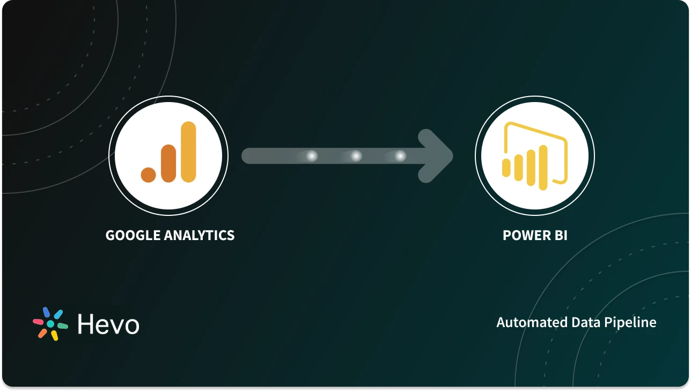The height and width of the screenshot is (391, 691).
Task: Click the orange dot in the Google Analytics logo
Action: [149, 174]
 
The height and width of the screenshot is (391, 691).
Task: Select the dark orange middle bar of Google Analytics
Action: [168, 163]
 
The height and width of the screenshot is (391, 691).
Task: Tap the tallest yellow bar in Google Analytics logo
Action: [188, 152]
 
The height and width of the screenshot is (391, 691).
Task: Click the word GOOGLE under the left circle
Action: [132, 235]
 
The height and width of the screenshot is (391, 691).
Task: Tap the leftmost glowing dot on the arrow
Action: [312, 156]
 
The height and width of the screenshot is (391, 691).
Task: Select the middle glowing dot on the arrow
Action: [356, 156]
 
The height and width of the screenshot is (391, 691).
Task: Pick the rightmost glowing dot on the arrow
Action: [400, 156]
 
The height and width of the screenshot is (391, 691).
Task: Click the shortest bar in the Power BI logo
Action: [506, 167]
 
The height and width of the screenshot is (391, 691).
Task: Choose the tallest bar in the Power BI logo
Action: [543, 168]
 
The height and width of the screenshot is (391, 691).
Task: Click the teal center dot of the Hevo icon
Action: [50, 324]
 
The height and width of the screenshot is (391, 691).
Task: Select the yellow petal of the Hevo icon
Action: [54, 336]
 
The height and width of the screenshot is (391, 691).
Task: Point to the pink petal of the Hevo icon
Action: [39, 322]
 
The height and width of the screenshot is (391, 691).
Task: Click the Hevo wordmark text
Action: [108, 324]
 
